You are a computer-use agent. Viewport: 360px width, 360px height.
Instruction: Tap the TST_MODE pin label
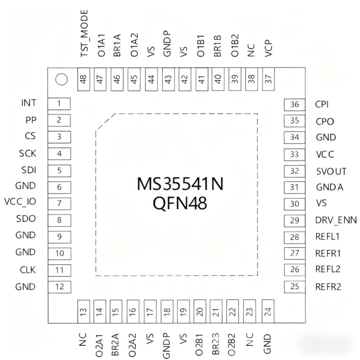point(84,33)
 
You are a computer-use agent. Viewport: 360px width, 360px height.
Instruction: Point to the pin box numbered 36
point(295,104)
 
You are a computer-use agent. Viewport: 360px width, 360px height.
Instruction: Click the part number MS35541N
point(180,184)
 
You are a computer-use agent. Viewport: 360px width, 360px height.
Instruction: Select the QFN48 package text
point(180,203)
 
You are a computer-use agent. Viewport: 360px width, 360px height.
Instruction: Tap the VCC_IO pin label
point(20,202)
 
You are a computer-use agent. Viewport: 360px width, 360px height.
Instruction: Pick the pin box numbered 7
point(59,203)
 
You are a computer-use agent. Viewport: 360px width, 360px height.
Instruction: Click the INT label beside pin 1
point(29,103)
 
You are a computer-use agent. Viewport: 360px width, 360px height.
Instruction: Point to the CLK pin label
point(28,269)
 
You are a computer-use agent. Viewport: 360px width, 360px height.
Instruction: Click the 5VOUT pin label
point(331,171)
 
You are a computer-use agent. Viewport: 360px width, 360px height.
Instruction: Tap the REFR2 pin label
point(328,287)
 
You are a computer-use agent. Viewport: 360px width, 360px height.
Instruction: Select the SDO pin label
point(26,219)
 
